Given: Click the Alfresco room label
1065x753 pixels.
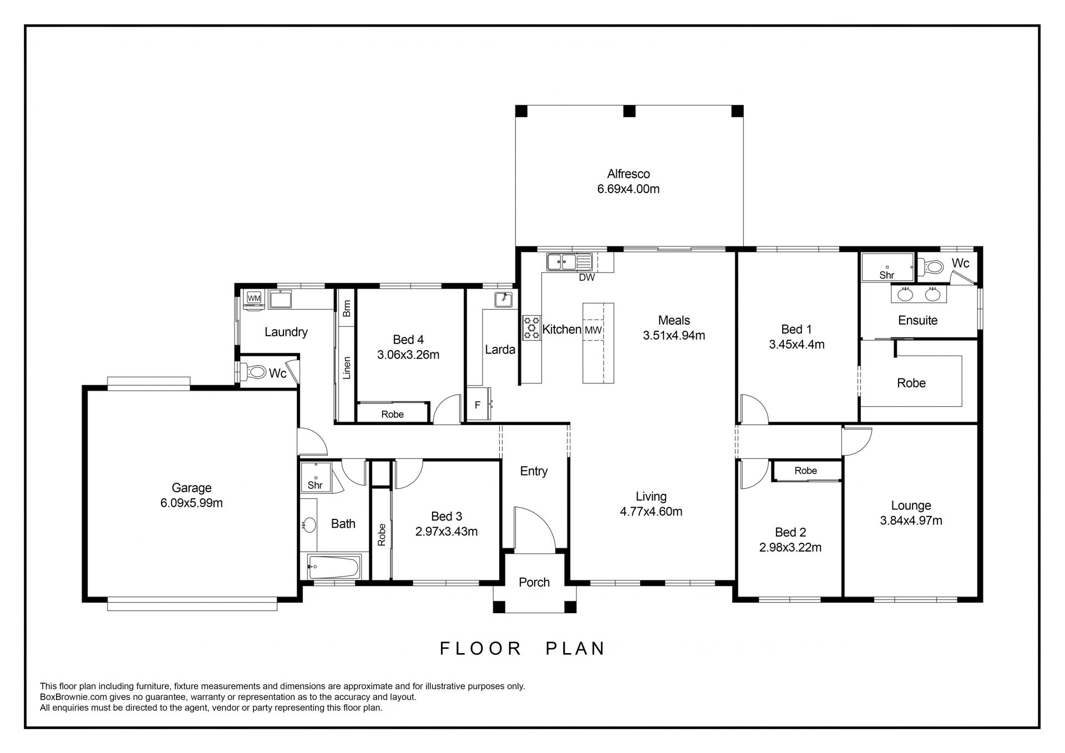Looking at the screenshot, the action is point(628,174).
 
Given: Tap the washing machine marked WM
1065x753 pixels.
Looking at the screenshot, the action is point(253,299).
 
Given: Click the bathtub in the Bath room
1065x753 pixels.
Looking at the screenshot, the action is point(333,567).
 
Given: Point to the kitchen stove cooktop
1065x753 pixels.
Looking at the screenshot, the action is point(532,327).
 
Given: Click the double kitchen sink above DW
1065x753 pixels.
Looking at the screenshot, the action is point(569,262).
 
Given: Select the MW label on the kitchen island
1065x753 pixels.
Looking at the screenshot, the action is point(593,330).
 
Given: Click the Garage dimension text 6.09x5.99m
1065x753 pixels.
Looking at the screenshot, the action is point(191,503).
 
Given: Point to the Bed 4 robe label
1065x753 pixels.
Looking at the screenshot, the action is point(393,415).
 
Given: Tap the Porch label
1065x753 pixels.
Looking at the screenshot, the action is point(534,582).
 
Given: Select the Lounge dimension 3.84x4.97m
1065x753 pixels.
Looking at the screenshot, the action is point(911,520).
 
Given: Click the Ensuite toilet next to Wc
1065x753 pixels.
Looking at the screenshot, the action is point(931,267).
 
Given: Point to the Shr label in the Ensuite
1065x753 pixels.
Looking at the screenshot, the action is point(887,275).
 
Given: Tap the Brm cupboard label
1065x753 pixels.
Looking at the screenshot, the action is point(347,309).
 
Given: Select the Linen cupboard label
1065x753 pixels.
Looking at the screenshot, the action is point(347,368).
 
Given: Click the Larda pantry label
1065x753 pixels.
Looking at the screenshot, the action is point(500,350).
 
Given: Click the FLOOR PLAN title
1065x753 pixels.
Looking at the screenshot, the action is point(523,648).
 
